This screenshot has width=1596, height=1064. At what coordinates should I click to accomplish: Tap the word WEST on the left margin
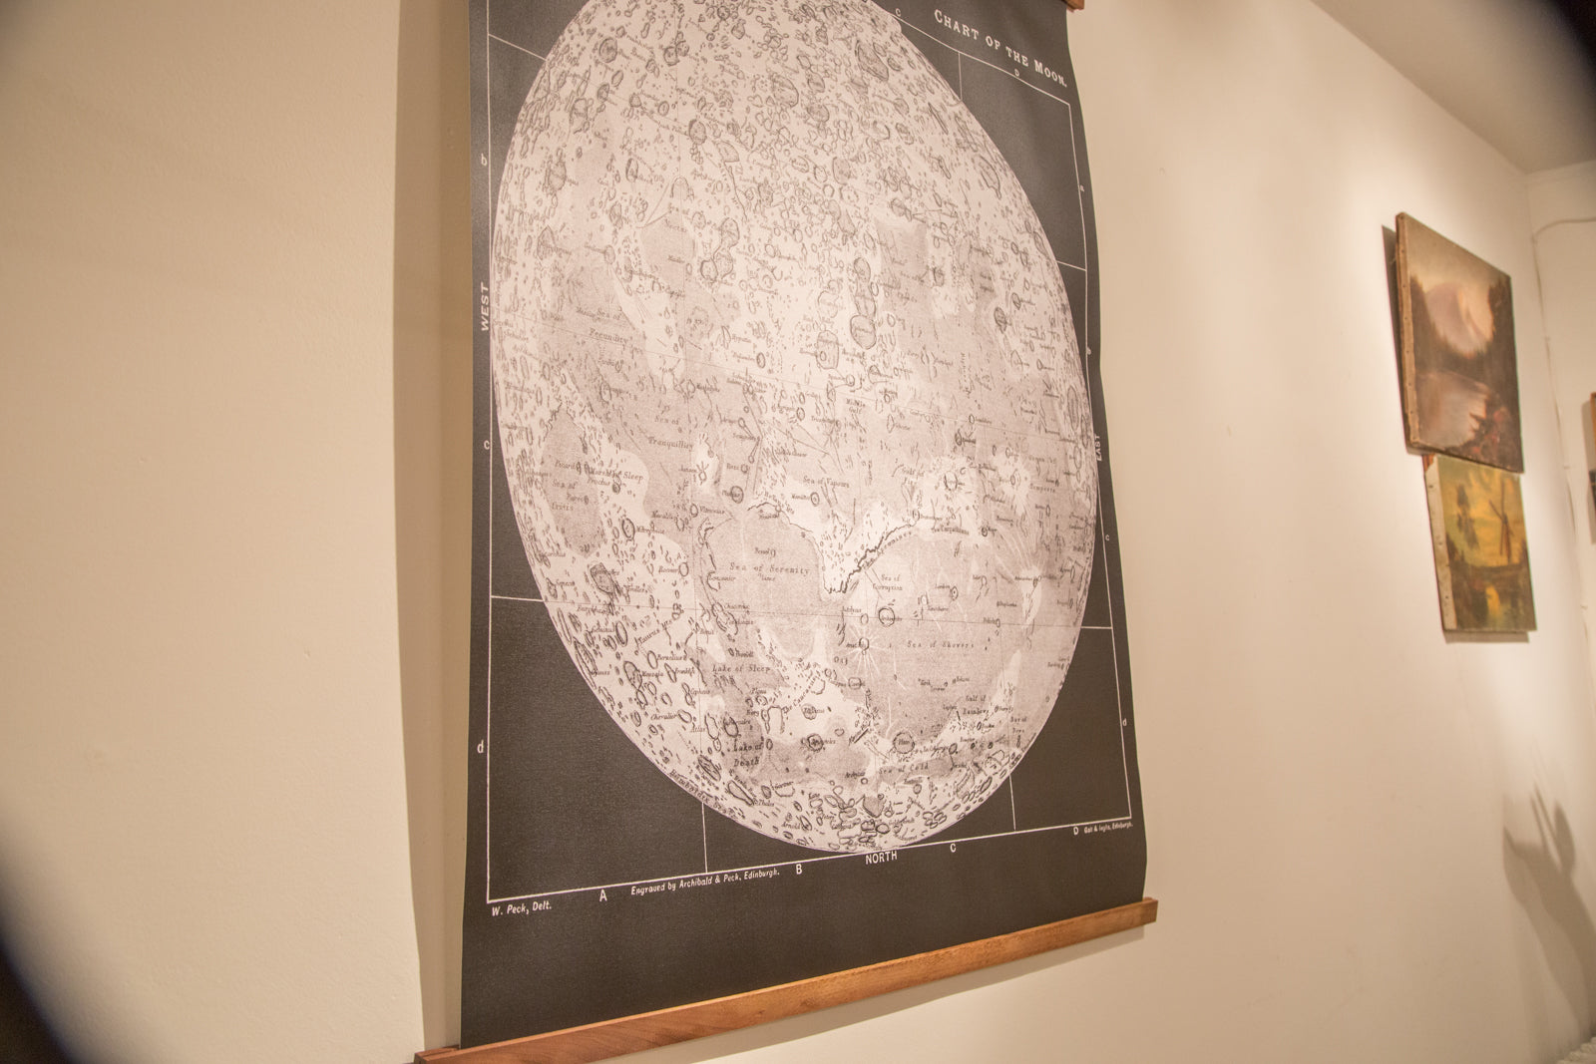pyautogui.click(x=486, y=311)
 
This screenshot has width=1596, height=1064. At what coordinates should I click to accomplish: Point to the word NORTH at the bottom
pyautogui.click(x=882, y=857)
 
